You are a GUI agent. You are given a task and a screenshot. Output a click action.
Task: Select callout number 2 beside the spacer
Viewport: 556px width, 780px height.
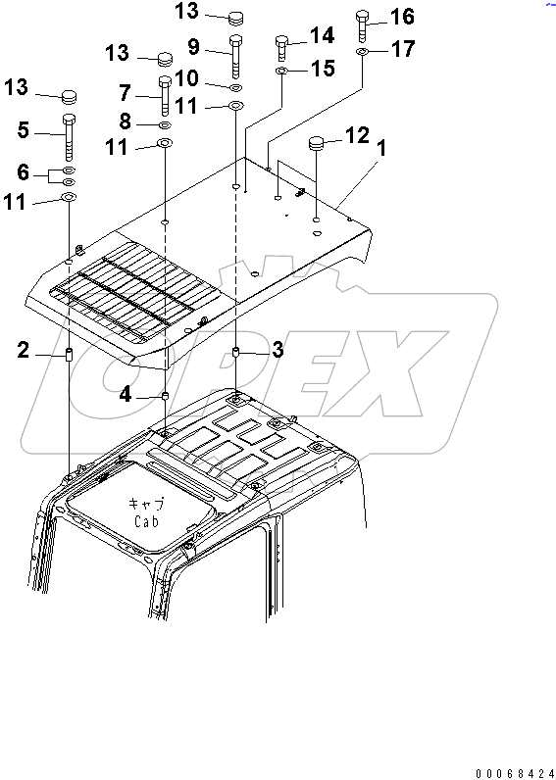[23, 351]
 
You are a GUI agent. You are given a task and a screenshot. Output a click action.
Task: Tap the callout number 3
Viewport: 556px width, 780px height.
[277, 350]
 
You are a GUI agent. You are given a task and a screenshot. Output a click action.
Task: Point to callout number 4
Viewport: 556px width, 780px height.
[126, 397]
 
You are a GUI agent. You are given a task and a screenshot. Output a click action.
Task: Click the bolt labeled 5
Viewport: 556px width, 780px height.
[70, 136]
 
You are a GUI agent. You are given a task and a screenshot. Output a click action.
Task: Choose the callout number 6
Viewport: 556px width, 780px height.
[23, 172]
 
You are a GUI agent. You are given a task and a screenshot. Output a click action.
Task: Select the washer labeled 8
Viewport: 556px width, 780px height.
[166, 124]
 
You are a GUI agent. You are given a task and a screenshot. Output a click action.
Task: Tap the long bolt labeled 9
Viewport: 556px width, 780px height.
[235, 56]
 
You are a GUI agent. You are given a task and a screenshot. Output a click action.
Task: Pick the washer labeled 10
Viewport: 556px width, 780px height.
[236, 87]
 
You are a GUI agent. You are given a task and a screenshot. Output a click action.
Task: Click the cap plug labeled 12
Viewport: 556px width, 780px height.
[317, 143]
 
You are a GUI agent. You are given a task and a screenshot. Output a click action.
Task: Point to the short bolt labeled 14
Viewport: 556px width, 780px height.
[281, 48]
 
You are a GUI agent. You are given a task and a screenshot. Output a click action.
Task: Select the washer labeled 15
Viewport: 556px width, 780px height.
[281, 73]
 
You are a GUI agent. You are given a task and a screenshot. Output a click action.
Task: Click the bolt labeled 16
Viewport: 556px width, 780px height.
[363, 25]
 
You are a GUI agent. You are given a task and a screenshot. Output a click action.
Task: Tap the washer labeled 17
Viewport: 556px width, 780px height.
[363, 51]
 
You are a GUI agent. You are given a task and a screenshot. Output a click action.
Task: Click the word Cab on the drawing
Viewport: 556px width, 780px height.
[147, 522]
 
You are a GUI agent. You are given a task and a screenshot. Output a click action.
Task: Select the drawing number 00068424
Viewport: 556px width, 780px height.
[515, 773]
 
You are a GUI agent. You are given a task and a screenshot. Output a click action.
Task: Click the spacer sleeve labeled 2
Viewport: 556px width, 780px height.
[70, 355]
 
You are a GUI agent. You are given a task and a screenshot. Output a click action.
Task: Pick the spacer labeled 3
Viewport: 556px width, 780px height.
[236, 353]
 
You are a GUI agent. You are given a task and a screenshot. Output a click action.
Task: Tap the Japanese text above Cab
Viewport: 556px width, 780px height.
[147, 504]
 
